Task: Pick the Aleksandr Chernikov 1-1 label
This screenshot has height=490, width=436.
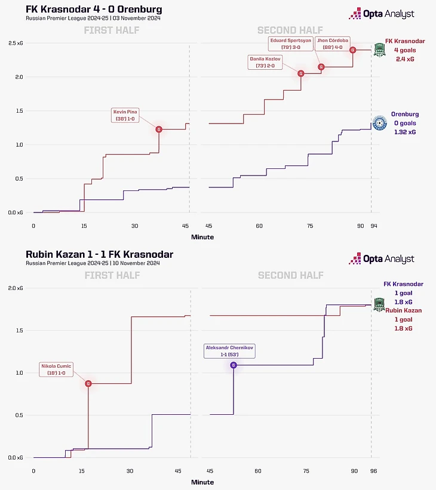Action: (x=229, y=350)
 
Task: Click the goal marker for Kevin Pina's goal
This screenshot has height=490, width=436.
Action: (x=159, y=129)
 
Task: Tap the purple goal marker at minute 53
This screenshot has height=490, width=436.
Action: (x=234, y=365)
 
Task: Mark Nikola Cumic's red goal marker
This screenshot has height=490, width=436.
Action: (x=88, y=384)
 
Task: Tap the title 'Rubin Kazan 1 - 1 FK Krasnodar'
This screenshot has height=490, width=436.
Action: (x=99, y=254)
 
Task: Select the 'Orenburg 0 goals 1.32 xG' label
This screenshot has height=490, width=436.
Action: (x=404, y=122)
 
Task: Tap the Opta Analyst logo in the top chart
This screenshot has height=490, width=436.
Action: (x=382, y=14)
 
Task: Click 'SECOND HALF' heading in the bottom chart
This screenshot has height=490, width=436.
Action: (x=290, y=275)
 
